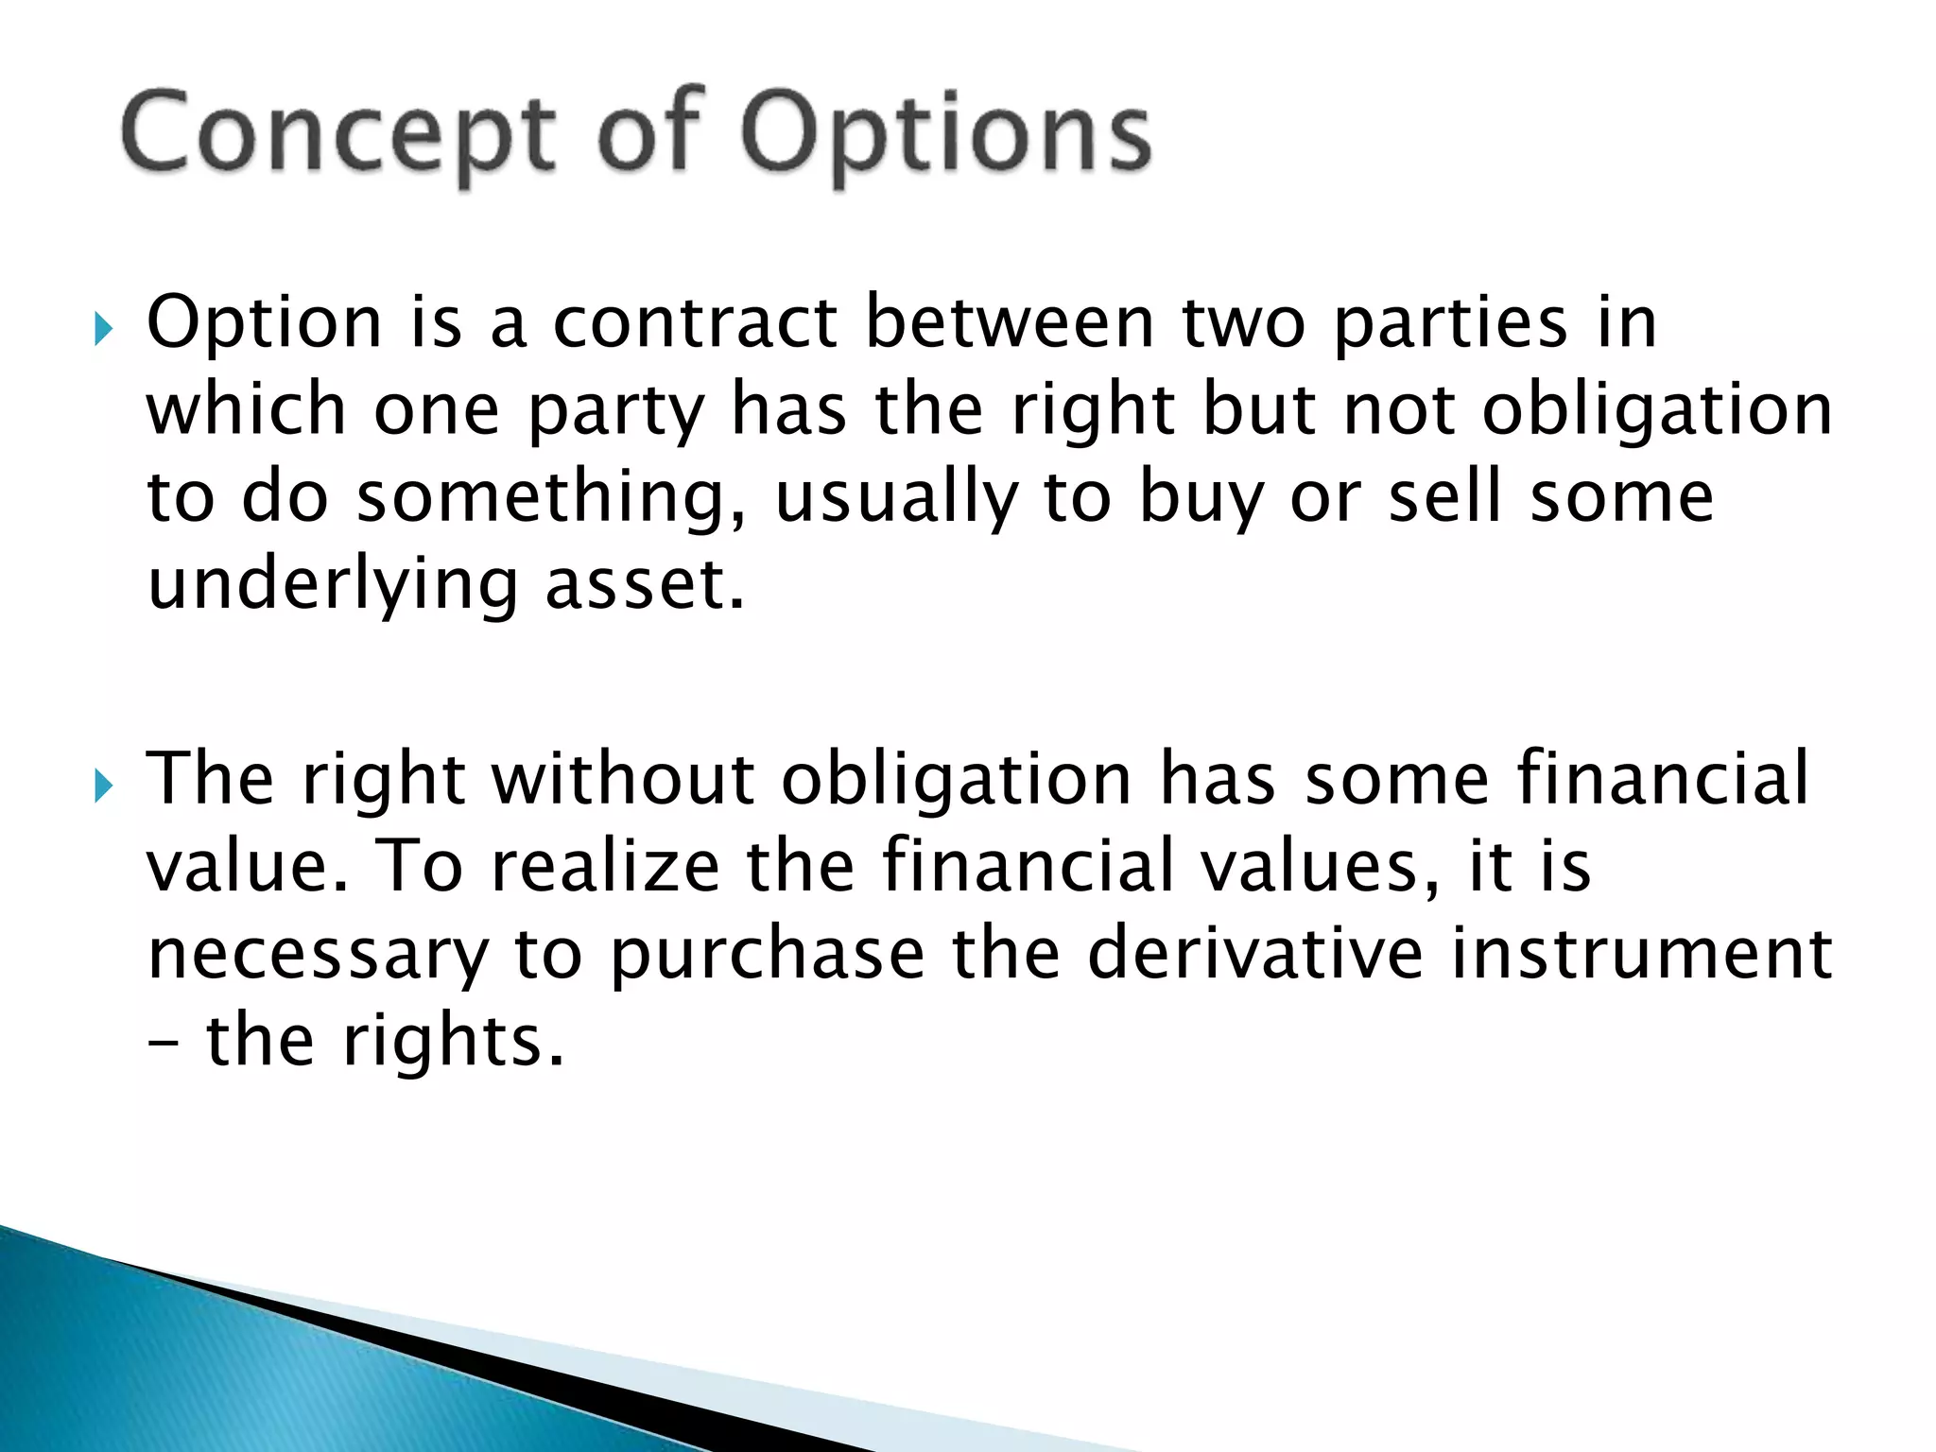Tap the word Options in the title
click(945, 134)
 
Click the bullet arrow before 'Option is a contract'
click(103, 331)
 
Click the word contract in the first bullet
click(696, 323)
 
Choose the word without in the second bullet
click(624, 779)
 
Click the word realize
click(606, 866)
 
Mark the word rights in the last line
click(454, 1044)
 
